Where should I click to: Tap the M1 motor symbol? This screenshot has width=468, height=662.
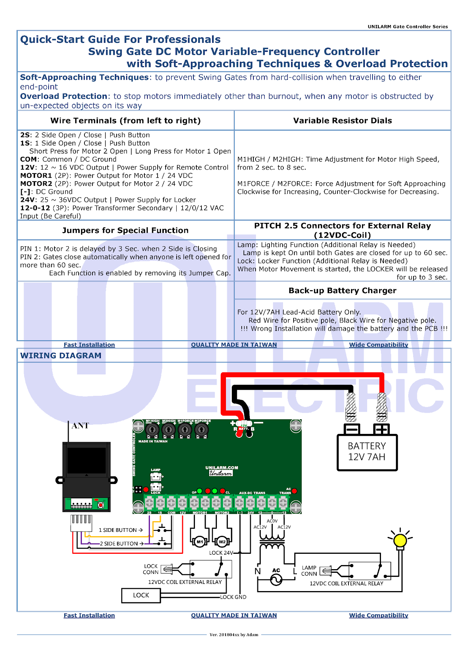tap(200, 542)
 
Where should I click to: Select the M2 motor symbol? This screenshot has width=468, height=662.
tap(222, 542)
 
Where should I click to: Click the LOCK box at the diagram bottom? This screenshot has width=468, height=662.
tap(141, 595)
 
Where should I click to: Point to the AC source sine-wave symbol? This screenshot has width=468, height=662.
tap(276, 579)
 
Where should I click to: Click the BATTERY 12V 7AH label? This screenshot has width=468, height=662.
tap(367, 452)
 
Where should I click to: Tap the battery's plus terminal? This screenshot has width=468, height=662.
tap(381, 429)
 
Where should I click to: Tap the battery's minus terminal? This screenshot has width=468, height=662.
tap(351, 429)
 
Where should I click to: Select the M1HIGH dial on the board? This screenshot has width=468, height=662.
tap(152, 430)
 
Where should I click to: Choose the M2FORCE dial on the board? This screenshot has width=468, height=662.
tap(201, 430)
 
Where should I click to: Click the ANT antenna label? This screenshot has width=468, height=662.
tap(80, 426)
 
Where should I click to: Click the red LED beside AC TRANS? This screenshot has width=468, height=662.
tap(295, 491)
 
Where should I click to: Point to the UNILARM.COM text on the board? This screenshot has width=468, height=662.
tap(222, 468)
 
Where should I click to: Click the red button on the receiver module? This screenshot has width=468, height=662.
tap(101, 505)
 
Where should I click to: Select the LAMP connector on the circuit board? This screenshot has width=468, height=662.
tap(156, 477)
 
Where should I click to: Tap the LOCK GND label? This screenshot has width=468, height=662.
tap(233, 597)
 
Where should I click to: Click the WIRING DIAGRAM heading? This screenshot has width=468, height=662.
tap(61, 356)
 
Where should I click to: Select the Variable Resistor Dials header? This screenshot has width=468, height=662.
tap(342, 121)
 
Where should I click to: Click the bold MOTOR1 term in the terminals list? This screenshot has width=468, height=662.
tap(36, 175)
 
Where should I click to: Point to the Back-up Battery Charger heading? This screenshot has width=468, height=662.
tap(342, 291)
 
